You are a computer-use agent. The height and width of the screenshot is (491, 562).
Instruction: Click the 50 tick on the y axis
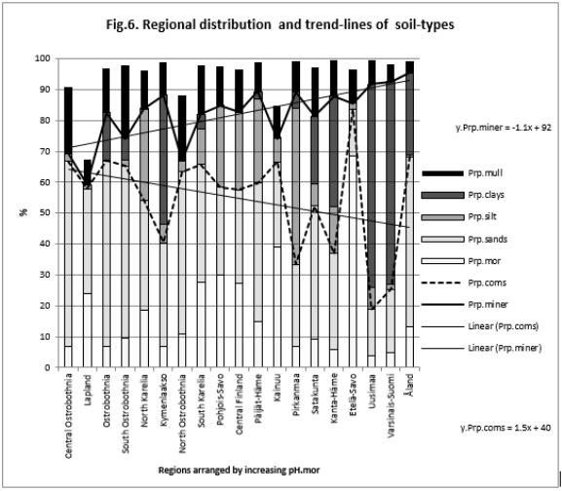[42, 213]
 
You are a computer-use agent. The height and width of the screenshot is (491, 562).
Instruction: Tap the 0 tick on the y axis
[45, 367]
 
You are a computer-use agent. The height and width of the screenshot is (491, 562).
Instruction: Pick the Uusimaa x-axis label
[372, 392]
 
